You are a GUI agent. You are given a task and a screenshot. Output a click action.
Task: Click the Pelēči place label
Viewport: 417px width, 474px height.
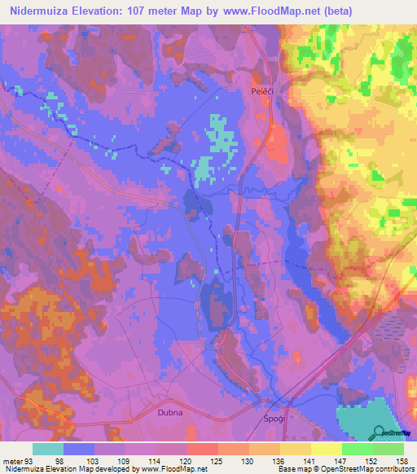tap(261, 93)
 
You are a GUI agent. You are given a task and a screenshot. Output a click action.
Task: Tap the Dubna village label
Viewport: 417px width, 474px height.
tap(170, 413)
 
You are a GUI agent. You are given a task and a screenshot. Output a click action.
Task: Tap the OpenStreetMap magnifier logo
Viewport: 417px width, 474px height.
tap(379, 432)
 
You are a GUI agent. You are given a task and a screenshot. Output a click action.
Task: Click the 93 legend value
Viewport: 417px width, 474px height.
tap(29, 460)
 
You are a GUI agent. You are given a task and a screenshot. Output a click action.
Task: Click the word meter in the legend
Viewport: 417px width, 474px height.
tap(11, 460)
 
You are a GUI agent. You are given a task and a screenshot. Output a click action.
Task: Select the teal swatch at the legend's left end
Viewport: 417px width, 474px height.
tap(48, 449)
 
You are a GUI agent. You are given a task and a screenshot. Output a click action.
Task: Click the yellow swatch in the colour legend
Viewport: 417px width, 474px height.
tap(327, 449)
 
